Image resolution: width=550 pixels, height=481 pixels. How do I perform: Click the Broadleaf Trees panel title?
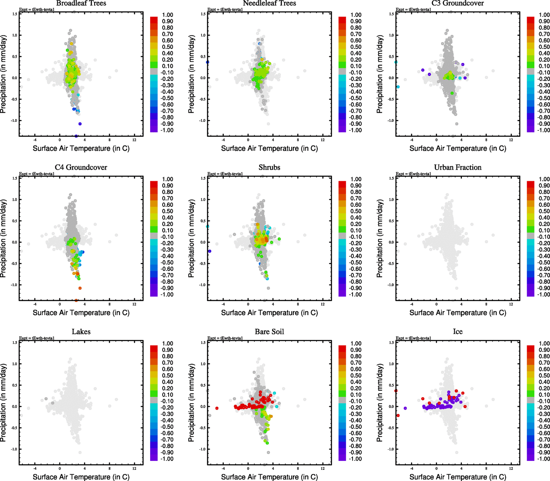pos(81,4)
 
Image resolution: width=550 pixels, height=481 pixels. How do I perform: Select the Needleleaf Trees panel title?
pos(269,4)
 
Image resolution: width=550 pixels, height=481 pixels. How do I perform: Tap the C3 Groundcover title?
pos(457,4)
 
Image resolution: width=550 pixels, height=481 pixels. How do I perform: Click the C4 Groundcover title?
pos(81,168)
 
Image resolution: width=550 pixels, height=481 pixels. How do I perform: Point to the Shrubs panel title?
pos(269,168)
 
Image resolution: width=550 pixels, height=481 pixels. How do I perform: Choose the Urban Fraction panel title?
pos(457,168)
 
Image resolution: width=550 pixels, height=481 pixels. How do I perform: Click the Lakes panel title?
pos(81,332)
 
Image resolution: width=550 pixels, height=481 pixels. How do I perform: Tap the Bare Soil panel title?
pos(269,332)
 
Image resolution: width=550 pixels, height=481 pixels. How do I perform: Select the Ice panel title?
pos(457,332)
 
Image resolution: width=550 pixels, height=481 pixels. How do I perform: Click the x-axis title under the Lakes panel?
pos(81,477)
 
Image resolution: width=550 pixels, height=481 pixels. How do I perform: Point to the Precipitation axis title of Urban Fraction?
pos(380,238)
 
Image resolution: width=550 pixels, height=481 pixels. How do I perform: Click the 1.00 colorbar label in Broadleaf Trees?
pos(167,15)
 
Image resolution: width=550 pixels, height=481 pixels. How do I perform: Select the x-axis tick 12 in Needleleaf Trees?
pos(322,140)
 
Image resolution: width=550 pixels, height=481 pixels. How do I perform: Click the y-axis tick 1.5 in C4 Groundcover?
pos(15,178)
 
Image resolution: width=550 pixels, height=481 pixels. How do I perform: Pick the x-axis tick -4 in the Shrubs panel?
pos(223,305)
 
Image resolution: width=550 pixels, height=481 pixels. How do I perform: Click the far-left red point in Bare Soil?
pos(217,408)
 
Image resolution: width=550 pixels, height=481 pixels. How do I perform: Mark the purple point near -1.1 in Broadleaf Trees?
pos(80,124)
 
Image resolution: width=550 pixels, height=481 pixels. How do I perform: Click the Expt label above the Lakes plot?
pos(37,338)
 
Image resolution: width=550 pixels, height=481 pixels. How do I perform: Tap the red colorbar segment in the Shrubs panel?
pos(342,184)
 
